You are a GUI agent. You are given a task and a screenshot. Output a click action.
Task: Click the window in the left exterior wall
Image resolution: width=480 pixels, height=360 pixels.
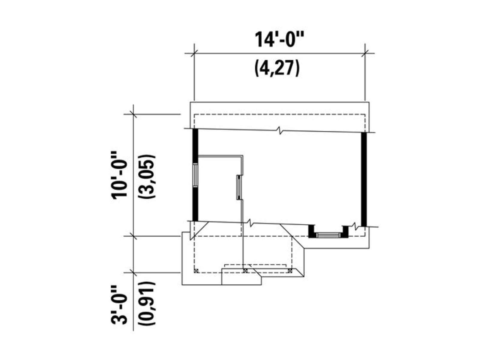pyautogui.click(x=195, y=175)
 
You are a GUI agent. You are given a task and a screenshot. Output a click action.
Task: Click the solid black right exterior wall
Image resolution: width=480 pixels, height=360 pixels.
pyautogui.click(x=364, y=179)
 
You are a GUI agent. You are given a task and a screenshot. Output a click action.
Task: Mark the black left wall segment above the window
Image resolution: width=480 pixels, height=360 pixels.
pyautogui.click(x=195, y=146)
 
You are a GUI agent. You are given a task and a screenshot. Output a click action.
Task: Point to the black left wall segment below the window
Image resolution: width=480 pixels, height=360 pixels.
pyautogui.click(x=195, y=204)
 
